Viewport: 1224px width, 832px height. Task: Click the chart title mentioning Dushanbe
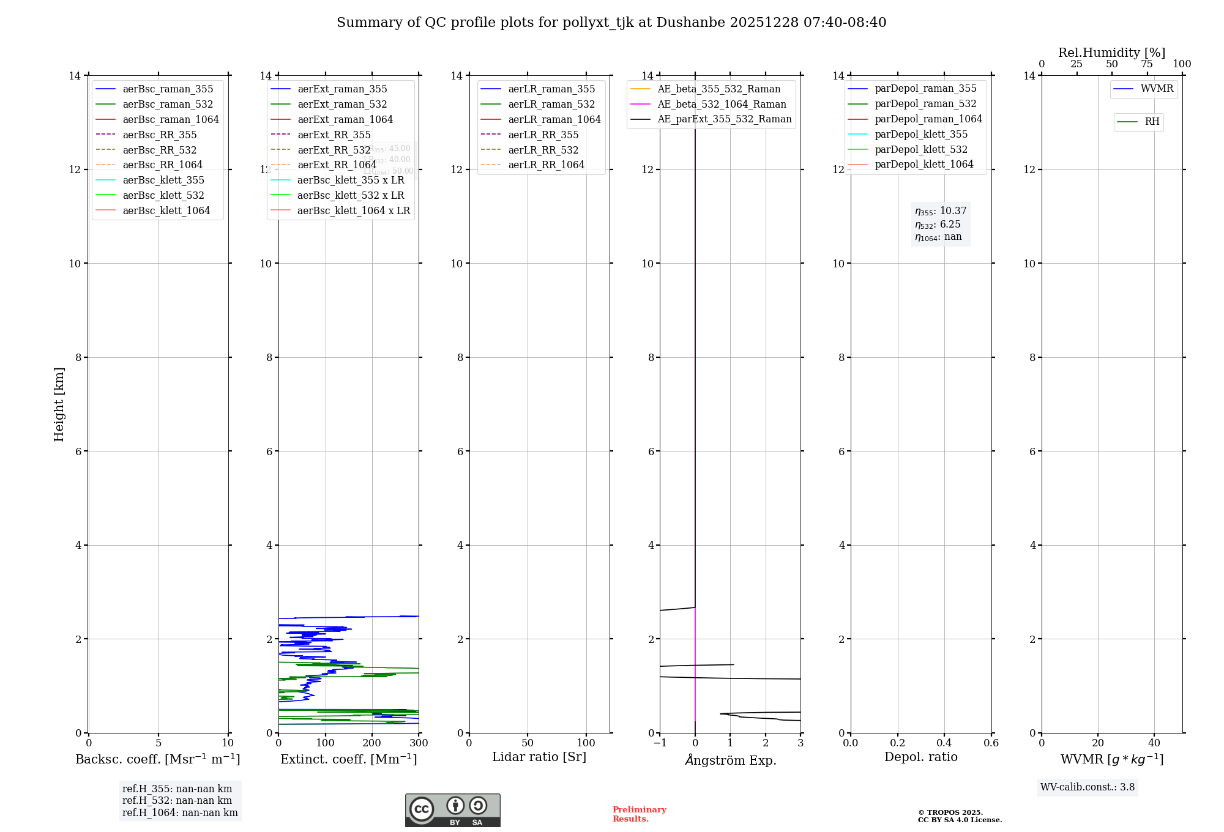point(611,23)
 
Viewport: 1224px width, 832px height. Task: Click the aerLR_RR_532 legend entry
point(543,150)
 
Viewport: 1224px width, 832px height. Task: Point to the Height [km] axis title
point(59,404)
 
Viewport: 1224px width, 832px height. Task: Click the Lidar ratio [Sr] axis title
point(539,757)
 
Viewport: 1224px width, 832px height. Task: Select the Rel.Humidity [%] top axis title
point(1111,53)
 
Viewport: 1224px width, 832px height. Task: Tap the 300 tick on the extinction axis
point(419,743)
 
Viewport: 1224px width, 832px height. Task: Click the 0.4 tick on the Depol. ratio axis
point(944,743)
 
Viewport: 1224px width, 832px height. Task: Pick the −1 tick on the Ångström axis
point(660,743)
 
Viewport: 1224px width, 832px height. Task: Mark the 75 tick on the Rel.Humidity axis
point(1147,64)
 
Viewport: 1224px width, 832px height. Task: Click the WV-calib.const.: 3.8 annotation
point(1088,787)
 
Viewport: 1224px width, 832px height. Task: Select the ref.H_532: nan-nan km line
point(177,800)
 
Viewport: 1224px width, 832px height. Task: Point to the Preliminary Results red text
point(639,814)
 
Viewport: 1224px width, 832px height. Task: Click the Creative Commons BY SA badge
point(452,811)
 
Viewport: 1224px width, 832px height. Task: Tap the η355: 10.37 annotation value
point(941,211)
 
